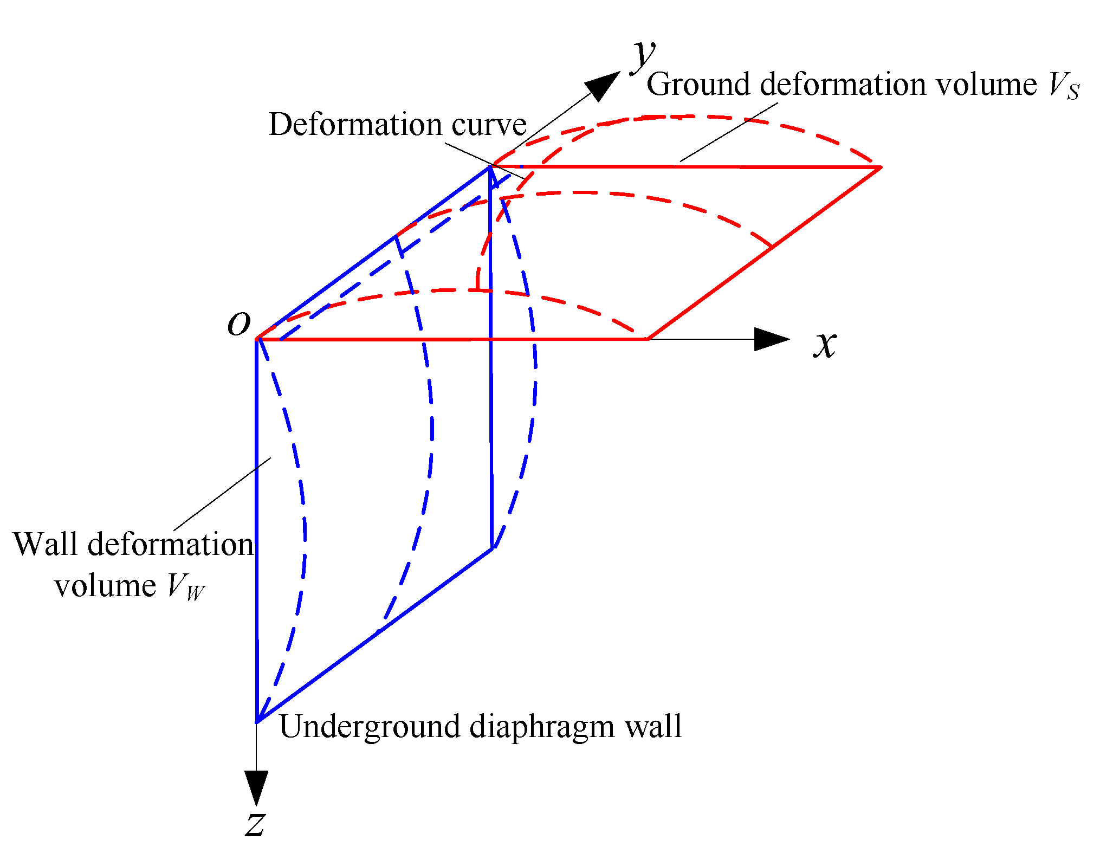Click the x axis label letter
[x=825, y=344]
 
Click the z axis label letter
[x=255, y=825]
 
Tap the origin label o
[x=239, y=324]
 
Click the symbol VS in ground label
[x=1063, y=87]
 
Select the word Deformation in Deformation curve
[x=355, y=125]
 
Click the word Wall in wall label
[x=47, y=544]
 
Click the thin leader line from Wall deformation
[x=222, y=494]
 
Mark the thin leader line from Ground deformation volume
[x=729, y=132]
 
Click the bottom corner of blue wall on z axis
[x=257, y=721]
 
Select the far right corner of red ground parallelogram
[x=880, y=167]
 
